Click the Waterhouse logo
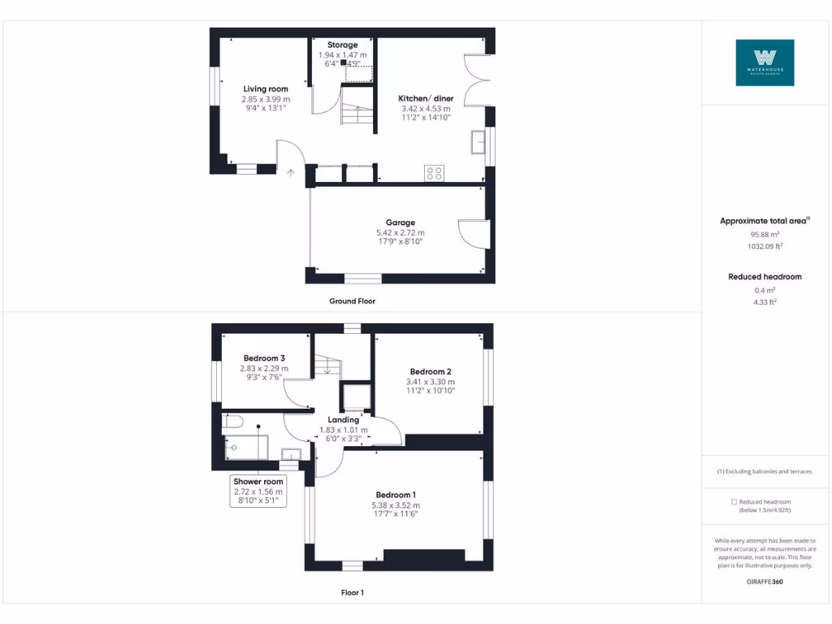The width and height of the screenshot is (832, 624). coord(765,63)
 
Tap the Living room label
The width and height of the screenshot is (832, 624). coord(266,89)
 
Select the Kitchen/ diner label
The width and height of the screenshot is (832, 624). coord(426,98)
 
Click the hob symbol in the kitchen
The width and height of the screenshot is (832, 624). coord(434,172)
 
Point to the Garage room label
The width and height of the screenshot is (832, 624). coord(400,223)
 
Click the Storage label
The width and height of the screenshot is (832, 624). coord(342,45)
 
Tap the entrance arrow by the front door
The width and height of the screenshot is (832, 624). coord(291,172)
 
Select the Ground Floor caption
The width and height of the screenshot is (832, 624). coord(352,301)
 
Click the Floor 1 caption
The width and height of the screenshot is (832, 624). coord(352,592)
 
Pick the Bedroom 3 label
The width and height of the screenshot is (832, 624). coord(264,358)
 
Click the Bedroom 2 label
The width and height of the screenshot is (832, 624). coord(430,372)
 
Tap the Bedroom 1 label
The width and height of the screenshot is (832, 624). coord(396,495)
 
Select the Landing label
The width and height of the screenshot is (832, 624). coord(343,420)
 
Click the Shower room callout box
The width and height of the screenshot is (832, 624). coord(258,491)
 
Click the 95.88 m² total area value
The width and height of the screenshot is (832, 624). coord(765,234)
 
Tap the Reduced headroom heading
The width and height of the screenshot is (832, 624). coord(765,276)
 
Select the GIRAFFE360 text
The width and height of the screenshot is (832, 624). coord(765,582)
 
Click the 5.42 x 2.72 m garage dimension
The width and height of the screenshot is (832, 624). coord(400,232)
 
